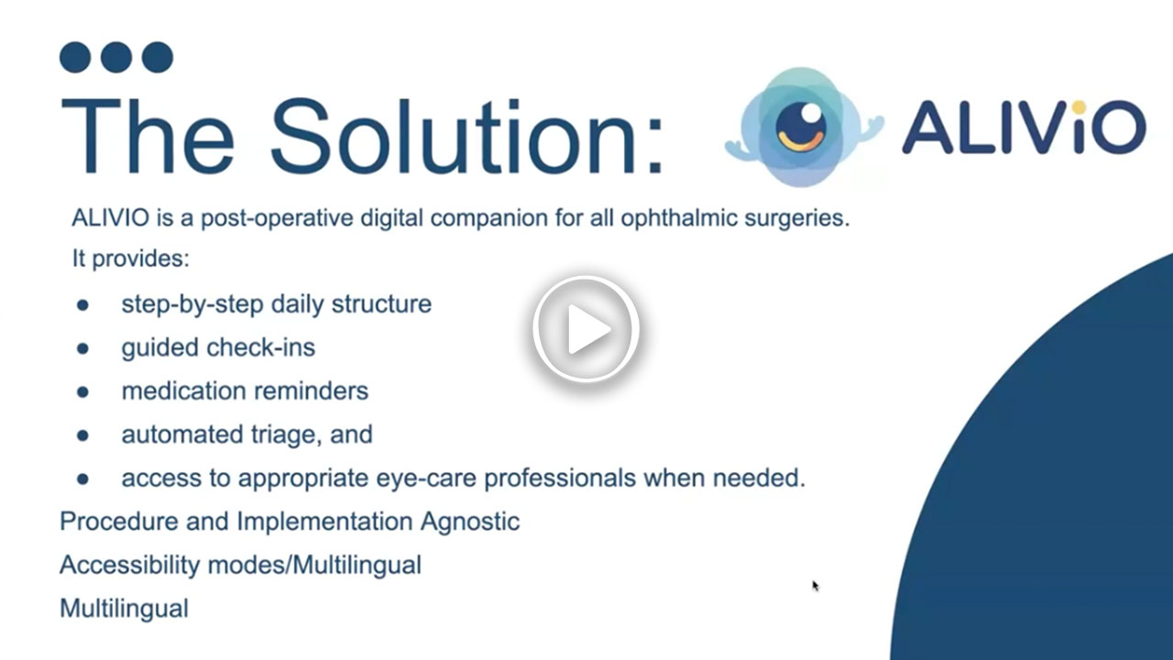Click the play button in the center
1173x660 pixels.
586,330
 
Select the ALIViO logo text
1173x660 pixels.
1023,127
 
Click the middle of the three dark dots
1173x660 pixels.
116,57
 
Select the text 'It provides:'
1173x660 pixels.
131,259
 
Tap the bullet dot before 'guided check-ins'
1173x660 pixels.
82,348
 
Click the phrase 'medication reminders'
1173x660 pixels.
245,390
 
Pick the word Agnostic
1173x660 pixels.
469,522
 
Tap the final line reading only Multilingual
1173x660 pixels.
124,608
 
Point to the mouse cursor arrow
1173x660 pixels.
815,586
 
